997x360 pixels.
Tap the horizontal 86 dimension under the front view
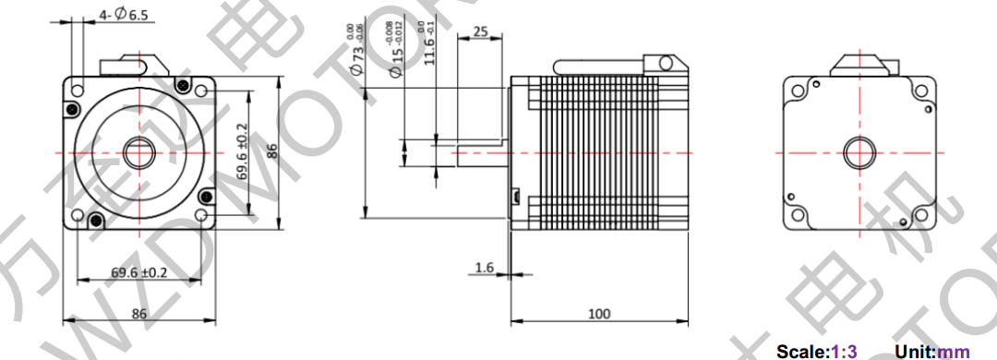pos(138,314)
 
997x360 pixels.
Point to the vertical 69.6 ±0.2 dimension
pos(243,152)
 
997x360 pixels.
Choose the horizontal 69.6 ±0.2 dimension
pos(139,273)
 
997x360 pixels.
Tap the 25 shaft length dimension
pos(479,31)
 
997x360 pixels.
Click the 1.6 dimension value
pos(484,267)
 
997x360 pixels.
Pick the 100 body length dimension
pos(599,315)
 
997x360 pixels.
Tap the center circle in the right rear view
pos(859,152)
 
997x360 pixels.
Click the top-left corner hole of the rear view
pos(797,90)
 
